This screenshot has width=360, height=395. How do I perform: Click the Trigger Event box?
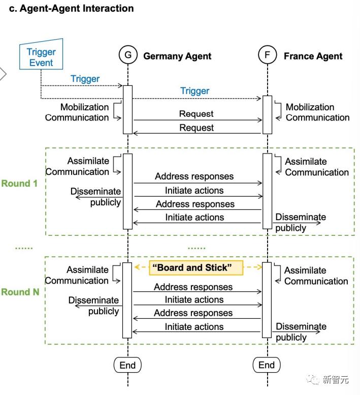tap(42, 57)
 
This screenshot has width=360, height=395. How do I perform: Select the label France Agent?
tap(313, 56)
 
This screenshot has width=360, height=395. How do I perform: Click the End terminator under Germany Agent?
tap(127, 365)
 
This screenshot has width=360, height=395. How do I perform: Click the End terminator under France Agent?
tap(267, 365)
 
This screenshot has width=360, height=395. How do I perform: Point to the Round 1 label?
tap(19, 184)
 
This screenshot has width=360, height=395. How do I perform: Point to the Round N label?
tap(20, 292)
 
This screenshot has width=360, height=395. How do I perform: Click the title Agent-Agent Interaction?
tap(71, 9)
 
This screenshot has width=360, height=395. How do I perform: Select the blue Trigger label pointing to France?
tap(195, 91)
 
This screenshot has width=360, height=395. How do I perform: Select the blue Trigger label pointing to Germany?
tap(85, 79)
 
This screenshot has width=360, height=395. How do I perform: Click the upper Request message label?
tap(196, 114)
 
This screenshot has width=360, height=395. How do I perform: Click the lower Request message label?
tap(196, 128)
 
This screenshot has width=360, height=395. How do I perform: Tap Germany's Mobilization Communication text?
tap(77, 112)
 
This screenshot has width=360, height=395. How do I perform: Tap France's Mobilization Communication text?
tap(317, 112)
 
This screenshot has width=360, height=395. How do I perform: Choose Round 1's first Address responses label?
tap(194, 177)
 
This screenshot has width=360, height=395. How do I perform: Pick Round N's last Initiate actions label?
tap(194, 327)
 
